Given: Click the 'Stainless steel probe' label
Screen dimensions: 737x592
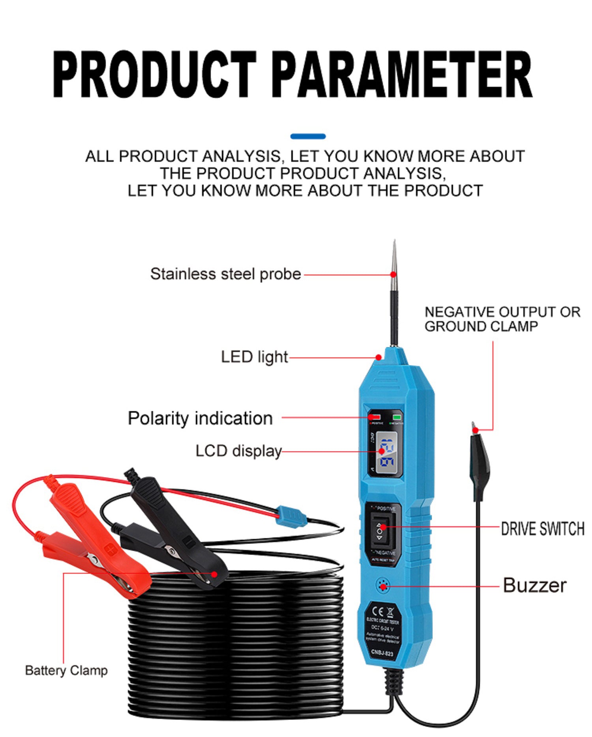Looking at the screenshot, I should pyautogui.click(x=225, y=274).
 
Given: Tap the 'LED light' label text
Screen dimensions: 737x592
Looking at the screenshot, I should pyautogui.click(x=254, y=357).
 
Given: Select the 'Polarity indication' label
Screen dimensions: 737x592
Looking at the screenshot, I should pyautogui.click(x=200, y=418).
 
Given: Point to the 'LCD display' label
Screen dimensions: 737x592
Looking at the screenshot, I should pyautogui.click(x=238, y=451).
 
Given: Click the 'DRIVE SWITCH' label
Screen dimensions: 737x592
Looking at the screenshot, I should pyautogui.click(x=542, y=528).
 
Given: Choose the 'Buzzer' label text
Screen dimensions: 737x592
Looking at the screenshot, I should pyautogui.click(x=534, y=585).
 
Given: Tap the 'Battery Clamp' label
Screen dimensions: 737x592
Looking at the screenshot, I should pyautogui.click(x=66, y=670).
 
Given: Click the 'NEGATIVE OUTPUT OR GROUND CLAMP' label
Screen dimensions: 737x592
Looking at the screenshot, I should pyautogui.click(x=502, y=319).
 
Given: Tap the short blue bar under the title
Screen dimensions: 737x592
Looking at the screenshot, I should pyautogui.click(x=308, y=137).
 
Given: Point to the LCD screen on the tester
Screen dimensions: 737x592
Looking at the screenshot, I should pyautogui.click(x=386, y=452).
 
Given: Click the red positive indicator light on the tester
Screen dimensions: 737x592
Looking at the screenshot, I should pyautogui.click(x=375, y=417).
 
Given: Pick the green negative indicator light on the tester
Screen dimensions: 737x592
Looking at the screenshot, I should pyautogui.click(x=397, y=417).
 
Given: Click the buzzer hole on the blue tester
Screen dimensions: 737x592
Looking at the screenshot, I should pyautogui.click(x=382, y=586).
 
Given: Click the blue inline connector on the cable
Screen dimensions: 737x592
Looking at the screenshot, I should pyautogui.click(x=291, y=516).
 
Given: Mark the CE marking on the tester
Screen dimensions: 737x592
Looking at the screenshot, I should pyautogui.click(x=378, y=612).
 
